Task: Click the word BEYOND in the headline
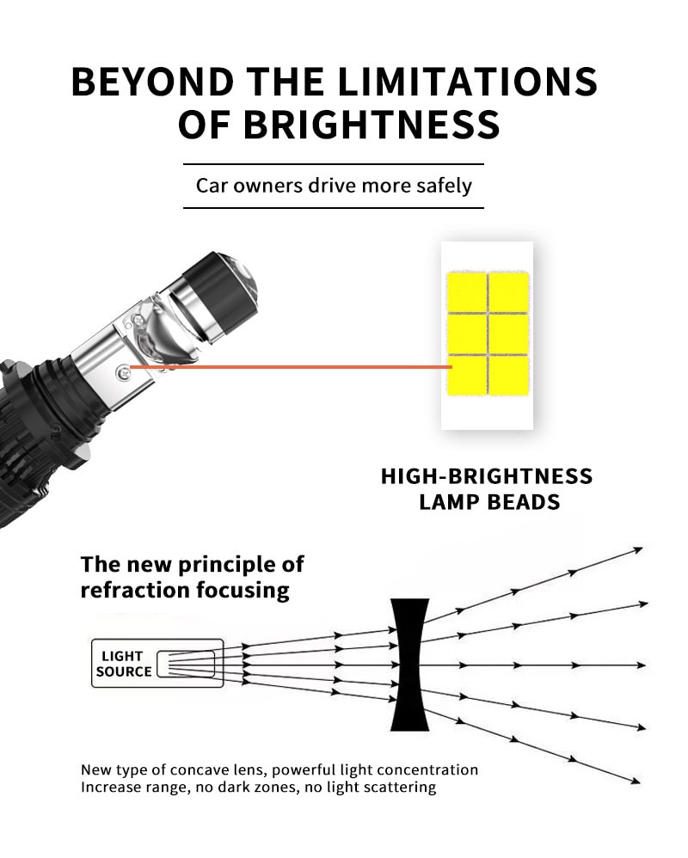[x=153, y=82]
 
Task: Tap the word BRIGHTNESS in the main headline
[x=372, y=125]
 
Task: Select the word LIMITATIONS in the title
[x=467, y=82]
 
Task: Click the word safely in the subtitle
[x=444, y=186]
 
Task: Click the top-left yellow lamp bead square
[x=467, y=292]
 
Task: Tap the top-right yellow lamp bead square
[x=509, y=292]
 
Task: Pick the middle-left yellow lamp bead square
[x=467, y=334]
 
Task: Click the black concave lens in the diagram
[x=409, y=665]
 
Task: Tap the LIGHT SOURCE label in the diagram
[x=124, y=664]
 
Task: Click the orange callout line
[x=291, y=367]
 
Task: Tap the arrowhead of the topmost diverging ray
[x=637, y=549]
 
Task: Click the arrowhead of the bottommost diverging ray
[x=635, y=781]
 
